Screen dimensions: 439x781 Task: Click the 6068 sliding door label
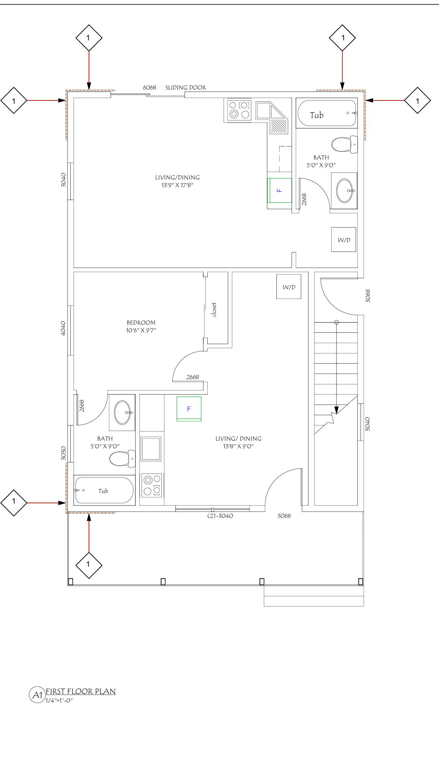point(150,87)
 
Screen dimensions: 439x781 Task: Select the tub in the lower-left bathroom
point(104,490)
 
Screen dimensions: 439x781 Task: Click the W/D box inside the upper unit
point(343,240)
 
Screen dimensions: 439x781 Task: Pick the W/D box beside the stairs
point(289,287)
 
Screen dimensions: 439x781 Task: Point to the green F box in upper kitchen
point(279,190)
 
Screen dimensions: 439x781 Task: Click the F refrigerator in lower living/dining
point(189,409)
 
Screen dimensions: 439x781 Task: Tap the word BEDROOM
point(141,323)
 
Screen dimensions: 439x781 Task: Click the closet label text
point(214,310)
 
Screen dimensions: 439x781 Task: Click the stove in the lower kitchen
point(152,485)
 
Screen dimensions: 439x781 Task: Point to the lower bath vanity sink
point(123,412)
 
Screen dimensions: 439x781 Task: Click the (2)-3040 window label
point(220,516)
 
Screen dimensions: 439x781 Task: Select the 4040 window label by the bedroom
point(63,328)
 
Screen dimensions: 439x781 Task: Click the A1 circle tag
point(37,695)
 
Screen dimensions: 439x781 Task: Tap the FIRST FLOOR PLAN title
point(80,692)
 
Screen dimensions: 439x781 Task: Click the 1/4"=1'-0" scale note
point(59,700)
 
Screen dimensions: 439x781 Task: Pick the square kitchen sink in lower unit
point(151,449)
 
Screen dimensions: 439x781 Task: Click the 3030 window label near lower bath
point(63,453)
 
